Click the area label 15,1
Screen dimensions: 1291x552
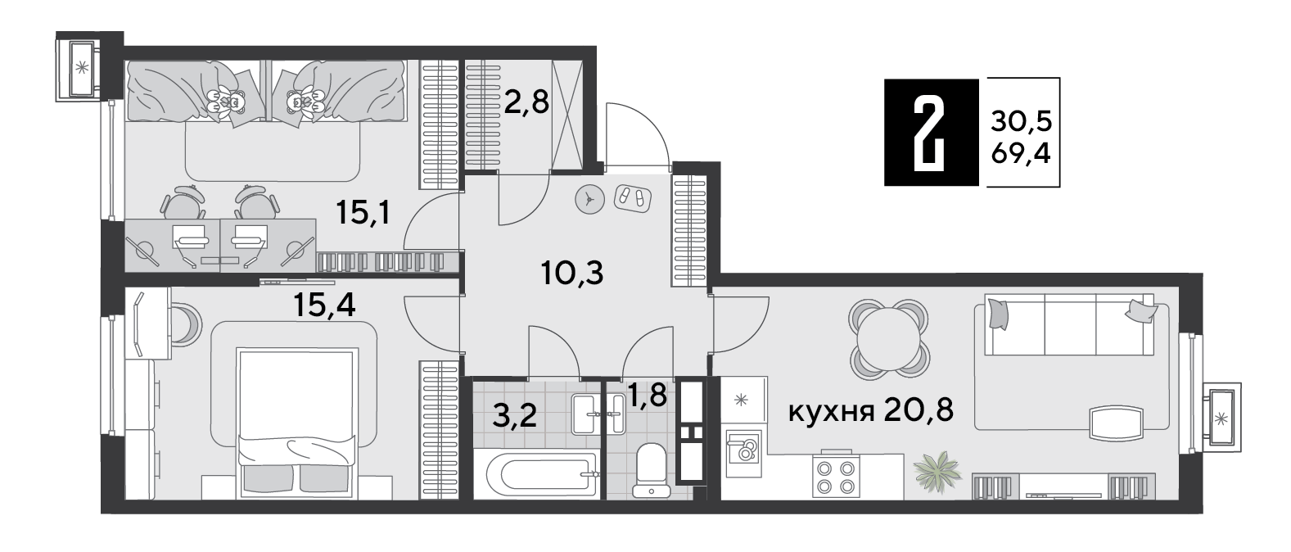click(363, 213)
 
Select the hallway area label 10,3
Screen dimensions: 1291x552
click(572, 273)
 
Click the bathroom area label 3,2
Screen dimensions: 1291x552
click(515, 415)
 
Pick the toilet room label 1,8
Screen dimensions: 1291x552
click(648, 395)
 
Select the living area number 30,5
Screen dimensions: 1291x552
click(1022, 122)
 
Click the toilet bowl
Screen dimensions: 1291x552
click(652, 469)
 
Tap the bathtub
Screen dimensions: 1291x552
click(542, 474)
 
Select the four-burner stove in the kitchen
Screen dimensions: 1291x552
click(836, 476)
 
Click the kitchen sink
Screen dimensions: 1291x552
click(743, 454)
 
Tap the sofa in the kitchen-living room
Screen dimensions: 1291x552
click(1071, 325)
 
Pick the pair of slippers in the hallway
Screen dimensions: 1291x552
click(632, 198)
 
